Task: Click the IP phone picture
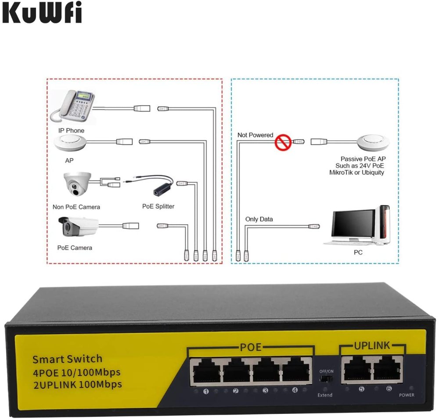coord(73,107)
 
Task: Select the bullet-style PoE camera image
coord(79,226)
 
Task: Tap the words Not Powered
coord(255,135)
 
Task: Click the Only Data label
coord(259,219)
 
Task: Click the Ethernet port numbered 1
coord(205,371)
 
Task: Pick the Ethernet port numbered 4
coord(295,371)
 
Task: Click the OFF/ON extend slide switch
coord(325,378)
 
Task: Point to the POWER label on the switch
coord(407,395)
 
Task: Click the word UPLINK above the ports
coord(372,345)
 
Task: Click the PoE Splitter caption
coord(158,206)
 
